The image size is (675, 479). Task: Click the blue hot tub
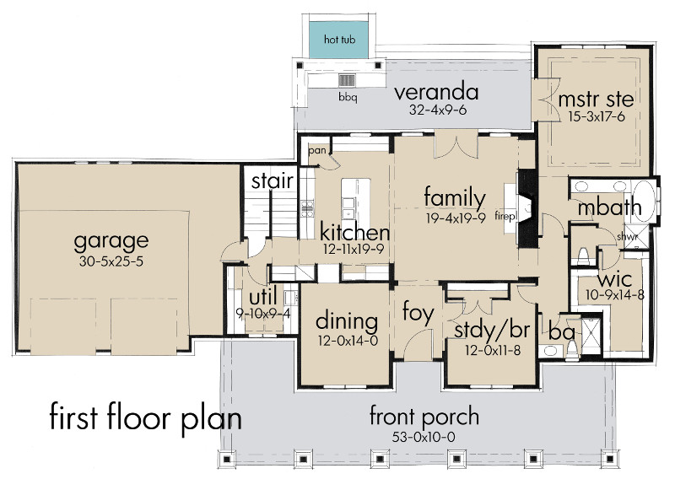(339, 40)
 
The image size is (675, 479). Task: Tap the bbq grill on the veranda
(347, 80)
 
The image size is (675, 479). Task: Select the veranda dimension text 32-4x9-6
(438, 110)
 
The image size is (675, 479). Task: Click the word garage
(111, 241)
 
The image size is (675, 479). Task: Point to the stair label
(272, 181)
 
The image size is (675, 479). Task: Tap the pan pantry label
(317, 151)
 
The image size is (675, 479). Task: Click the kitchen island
(355, 200)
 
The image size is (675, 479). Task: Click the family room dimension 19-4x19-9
(456, 218)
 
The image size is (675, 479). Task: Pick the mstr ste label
(596, 100)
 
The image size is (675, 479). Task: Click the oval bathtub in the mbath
(643, 201)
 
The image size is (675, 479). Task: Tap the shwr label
(627, 237)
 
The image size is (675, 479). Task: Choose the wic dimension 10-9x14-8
(615, 295)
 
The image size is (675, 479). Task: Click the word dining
(347, 322)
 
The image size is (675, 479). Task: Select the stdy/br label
(492, 331)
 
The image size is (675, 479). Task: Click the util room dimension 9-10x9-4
(263, 314)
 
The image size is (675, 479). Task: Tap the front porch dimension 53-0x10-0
(424, 437)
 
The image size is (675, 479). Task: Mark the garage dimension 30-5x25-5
(111, 261)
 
